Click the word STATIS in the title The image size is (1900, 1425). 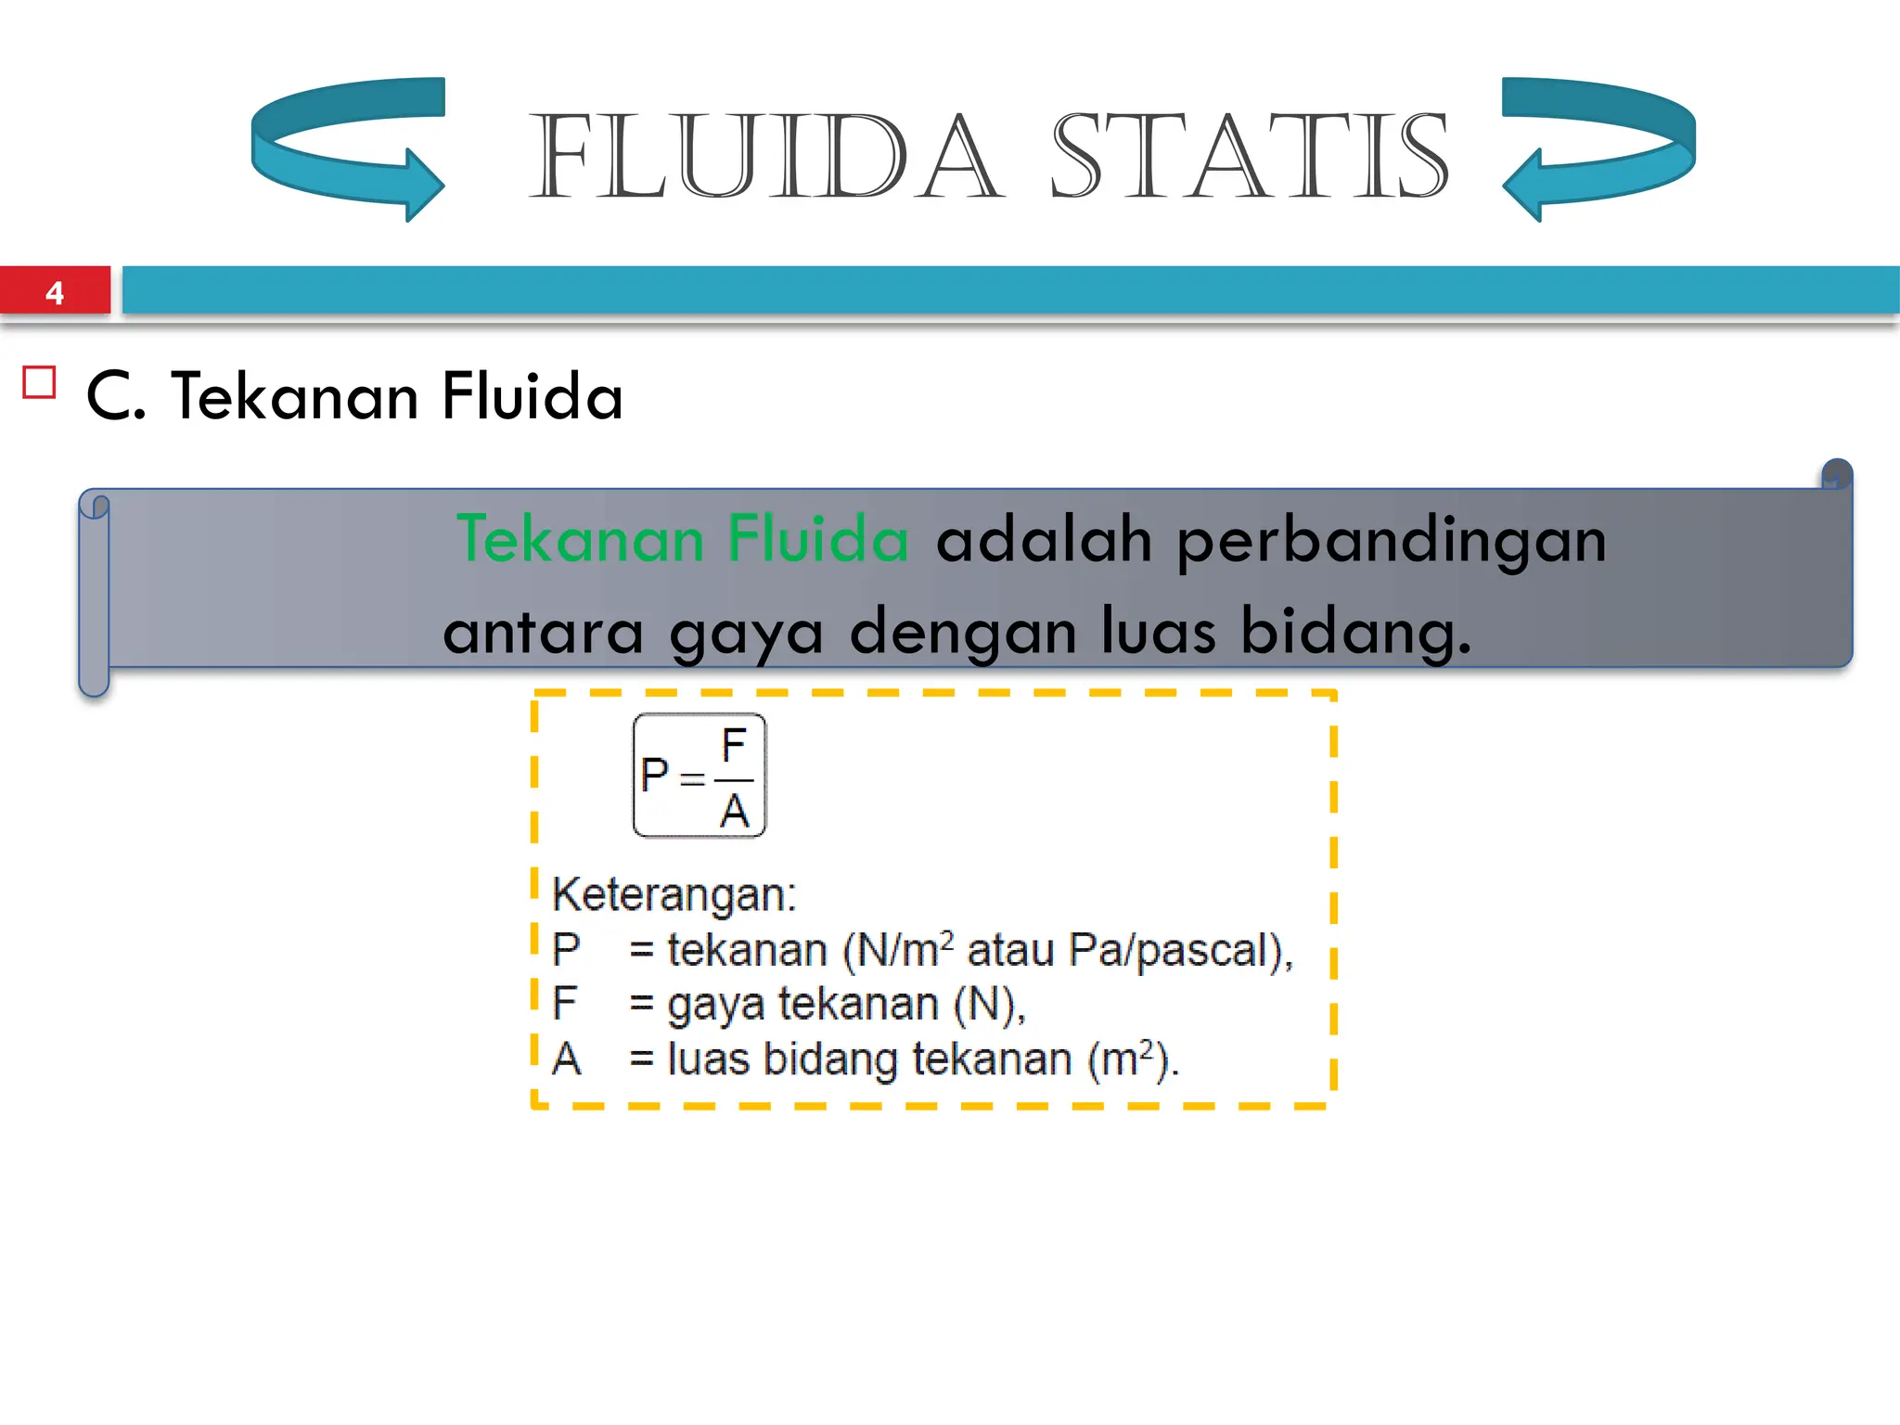click(x=1249, y=156)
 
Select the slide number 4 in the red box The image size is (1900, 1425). click(x=55, y=293)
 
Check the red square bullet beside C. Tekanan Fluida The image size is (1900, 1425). click(x=40, y=382)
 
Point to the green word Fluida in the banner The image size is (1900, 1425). click(x=816, y=539)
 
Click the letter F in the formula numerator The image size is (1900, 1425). click(x=734, y=745)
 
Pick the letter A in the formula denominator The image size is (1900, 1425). click(x=734, y=812)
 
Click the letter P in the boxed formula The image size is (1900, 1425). click(x=654, y=775)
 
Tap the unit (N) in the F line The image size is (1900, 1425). click(x=989, y=1005)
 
